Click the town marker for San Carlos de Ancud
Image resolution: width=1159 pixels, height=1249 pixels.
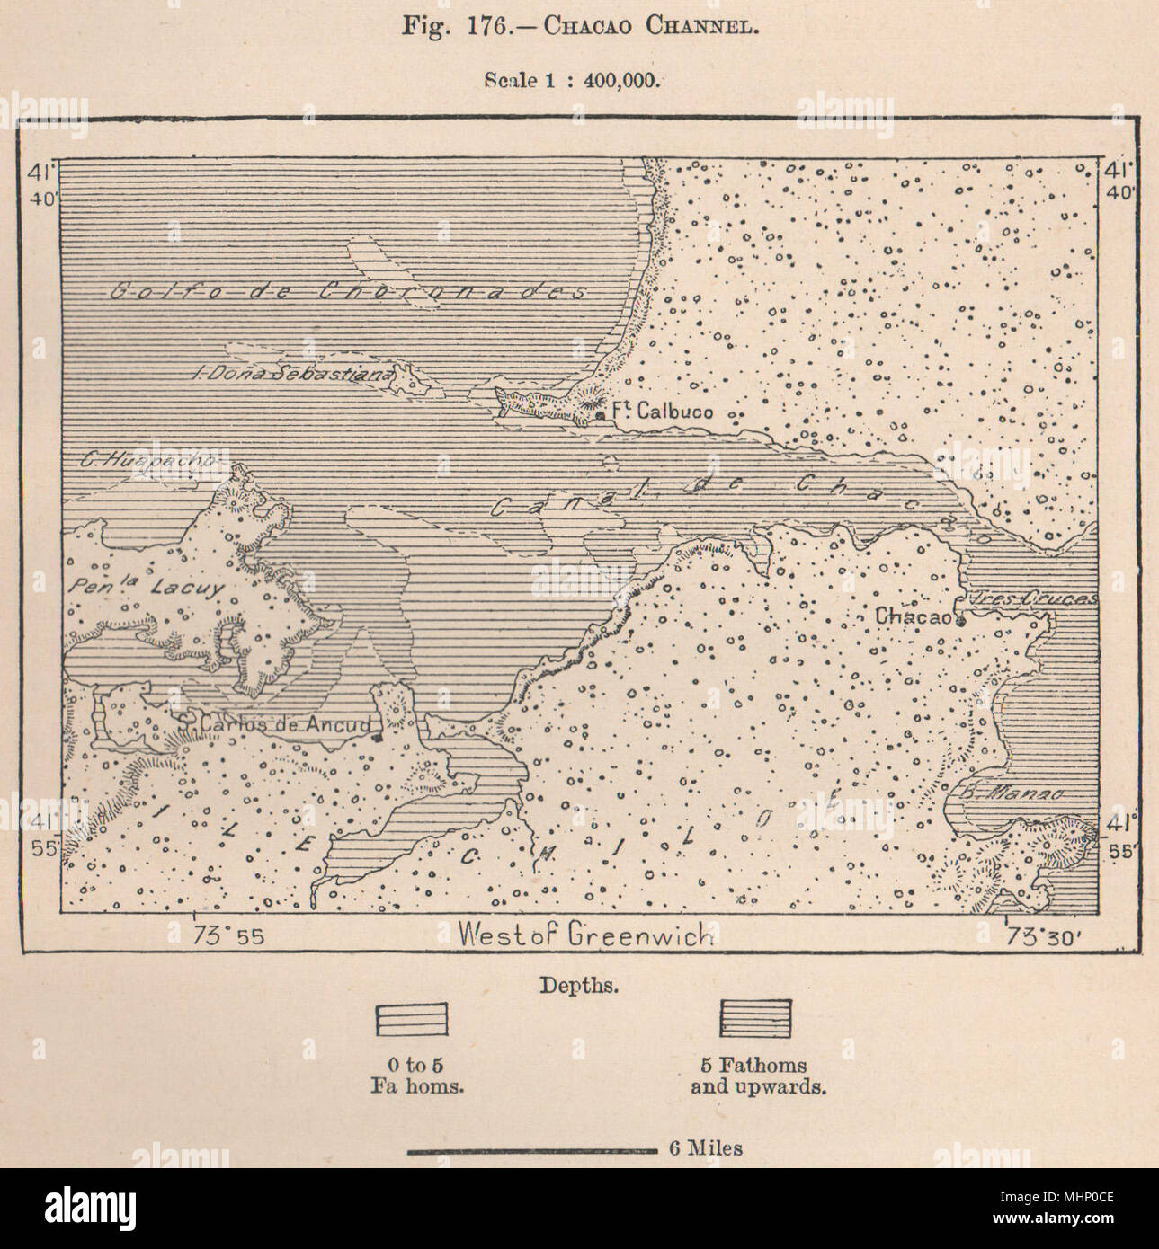tap(378, 737)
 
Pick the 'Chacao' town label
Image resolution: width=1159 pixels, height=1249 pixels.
tap(912, 616)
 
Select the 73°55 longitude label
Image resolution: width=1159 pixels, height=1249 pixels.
tap(228, 935)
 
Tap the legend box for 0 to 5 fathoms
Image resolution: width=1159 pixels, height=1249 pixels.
tap(411, 1020)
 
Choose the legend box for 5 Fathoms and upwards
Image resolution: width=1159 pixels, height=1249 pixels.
tap(754, 1018)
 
